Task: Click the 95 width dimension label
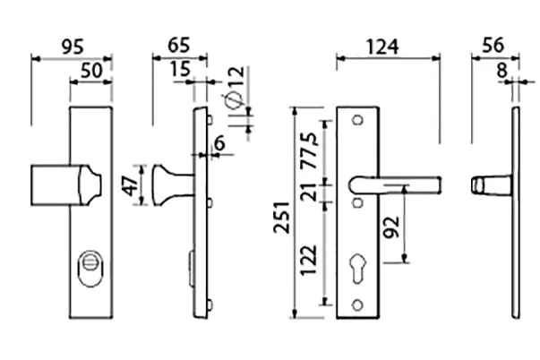pos(73,47)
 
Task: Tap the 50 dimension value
pos(91,71)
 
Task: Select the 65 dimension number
pos(179,45)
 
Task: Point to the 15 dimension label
pos(180,69)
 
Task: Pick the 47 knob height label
pos(132,185)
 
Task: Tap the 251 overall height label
pos(282,217)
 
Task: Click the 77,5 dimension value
pos(308,150)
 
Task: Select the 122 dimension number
pos(308,260)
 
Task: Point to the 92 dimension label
pos(391,227)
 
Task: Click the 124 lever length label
pos(382,47)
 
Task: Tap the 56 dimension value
pos(493,45)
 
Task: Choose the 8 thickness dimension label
pos(502,71)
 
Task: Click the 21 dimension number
pos(308,193)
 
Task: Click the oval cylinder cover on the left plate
pos(90,269)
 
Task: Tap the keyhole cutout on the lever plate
pos(358,269)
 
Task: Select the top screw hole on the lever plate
pos(358,120)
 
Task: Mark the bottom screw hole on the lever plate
pos(358,304)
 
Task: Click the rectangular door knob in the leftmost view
pos(66,185)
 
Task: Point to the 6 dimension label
pos(219,143)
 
